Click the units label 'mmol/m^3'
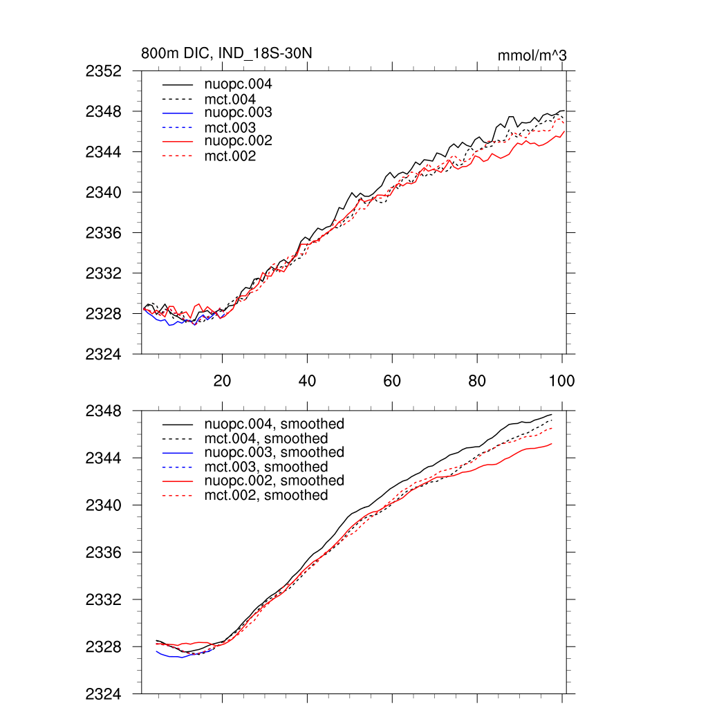(x=532, y=55)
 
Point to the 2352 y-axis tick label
(x=104, y=71)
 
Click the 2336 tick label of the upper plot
(x=104, y=233)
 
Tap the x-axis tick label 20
(x=222, y=381)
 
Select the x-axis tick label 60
(x=392, y=381)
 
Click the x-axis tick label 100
(x=561, y=381)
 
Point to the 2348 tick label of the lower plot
(x=104, y=411)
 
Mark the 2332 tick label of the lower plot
(x=104, y=600)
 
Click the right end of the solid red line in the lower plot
(x=552, y=444)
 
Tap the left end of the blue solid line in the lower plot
(x=157, y=651)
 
